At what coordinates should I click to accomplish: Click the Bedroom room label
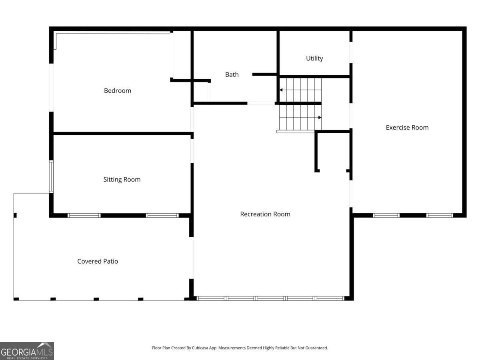(x=118, y=90)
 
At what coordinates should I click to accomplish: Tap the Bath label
(x=232, y=74)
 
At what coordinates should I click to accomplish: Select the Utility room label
(x=314, y=58)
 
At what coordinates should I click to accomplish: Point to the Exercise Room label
(x=407, y=128)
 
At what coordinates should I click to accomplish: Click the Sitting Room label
(x=122, y=180)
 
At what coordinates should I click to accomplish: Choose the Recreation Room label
(x=265, y=214)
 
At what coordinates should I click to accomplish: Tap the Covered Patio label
(x=98, y=261)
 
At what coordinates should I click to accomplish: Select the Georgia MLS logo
(x=27, y=351)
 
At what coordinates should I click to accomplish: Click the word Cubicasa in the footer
(x=200, y=348)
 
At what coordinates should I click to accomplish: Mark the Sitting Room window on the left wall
(x=51, y=177)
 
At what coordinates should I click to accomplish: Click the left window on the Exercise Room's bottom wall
(x=386, y=215)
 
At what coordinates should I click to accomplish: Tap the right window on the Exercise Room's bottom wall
(x=440, y=215)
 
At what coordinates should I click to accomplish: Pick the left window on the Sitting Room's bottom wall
(x=84, y=215)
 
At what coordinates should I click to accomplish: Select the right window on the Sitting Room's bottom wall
(x=162, y=215)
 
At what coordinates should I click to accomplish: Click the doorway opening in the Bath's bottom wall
(x=261, y=103)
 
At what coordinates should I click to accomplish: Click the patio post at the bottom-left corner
(x=16, y=299)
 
